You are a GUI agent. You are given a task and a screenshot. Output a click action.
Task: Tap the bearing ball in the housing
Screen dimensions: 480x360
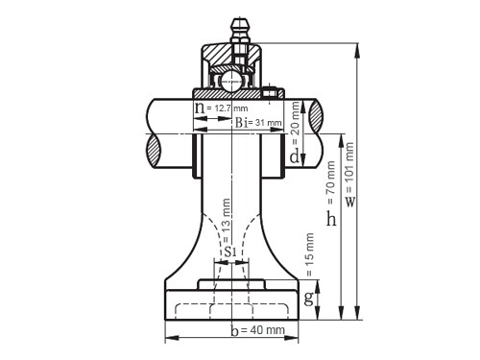pyautogui.click(x=231, y=81)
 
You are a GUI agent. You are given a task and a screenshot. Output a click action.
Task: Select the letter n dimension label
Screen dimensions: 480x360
pyautogui.click(x=200, y=108)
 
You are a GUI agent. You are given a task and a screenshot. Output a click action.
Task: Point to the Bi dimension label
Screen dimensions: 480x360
pyautogui.click(x=241, y=123)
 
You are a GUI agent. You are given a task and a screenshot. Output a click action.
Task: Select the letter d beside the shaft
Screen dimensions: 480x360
pyautogui.click(x=295, y=156)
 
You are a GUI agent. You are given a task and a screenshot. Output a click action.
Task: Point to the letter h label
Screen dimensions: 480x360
pyautogui.click(x=331, y=219)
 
